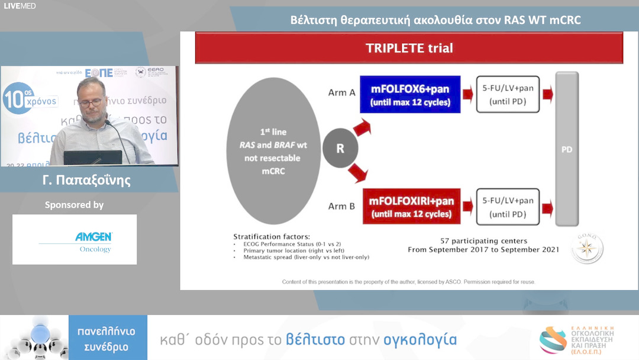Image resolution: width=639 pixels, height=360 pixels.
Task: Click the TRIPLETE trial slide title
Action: (x=409, y=48)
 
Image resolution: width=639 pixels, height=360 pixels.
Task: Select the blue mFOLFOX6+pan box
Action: (x=410, y=94)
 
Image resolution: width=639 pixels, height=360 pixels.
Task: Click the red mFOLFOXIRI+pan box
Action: (x=411, y=206)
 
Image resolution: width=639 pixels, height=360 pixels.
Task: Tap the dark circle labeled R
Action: (x=340, y=148)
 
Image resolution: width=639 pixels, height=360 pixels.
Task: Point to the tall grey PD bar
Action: (x=567, y=149)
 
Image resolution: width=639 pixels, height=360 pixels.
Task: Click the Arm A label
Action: (x=341, y=92)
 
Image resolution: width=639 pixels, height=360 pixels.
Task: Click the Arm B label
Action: (x=341, y=206)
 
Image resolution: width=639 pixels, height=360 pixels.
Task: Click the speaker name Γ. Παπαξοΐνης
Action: (x=87, y=180)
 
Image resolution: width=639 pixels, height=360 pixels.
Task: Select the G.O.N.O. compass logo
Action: (x=587, y=249)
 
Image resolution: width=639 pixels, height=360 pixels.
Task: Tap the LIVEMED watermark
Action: (x=20, y=6)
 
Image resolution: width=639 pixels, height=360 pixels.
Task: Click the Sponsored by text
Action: (x=75, y=205)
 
